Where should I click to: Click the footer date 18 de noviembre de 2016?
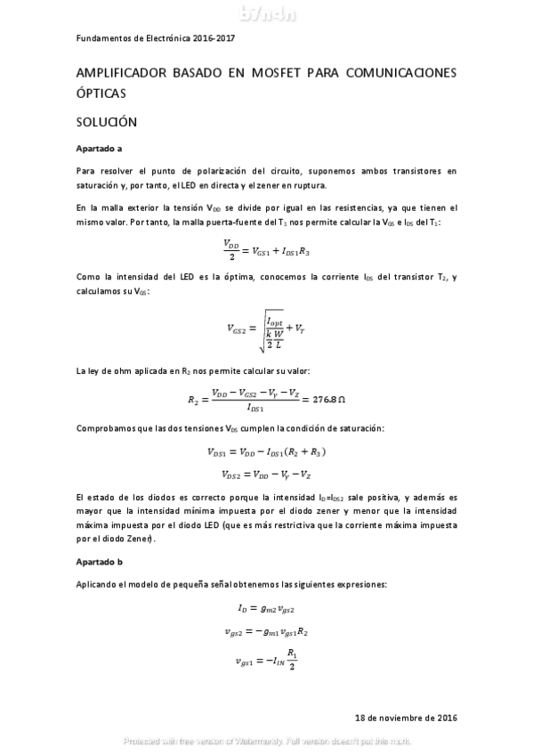click(405, 717)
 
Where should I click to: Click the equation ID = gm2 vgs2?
click(267, 609)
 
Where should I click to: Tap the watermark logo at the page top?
click(266, 12)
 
